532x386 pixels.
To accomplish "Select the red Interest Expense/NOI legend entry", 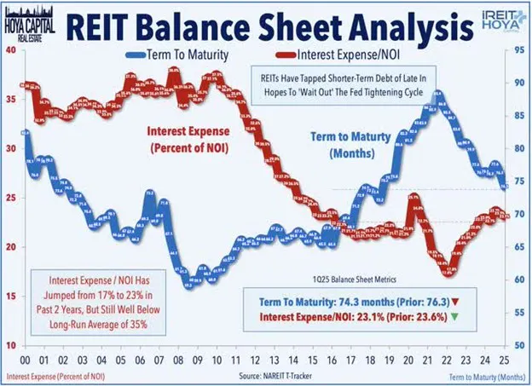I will coord(286,57).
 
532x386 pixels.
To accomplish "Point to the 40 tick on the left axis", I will coord(11,50).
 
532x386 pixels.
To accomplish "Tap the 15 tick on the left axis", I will coord(11,297).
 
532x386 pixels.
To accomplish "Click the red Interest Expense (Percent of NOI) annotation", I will coord(182,141).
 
